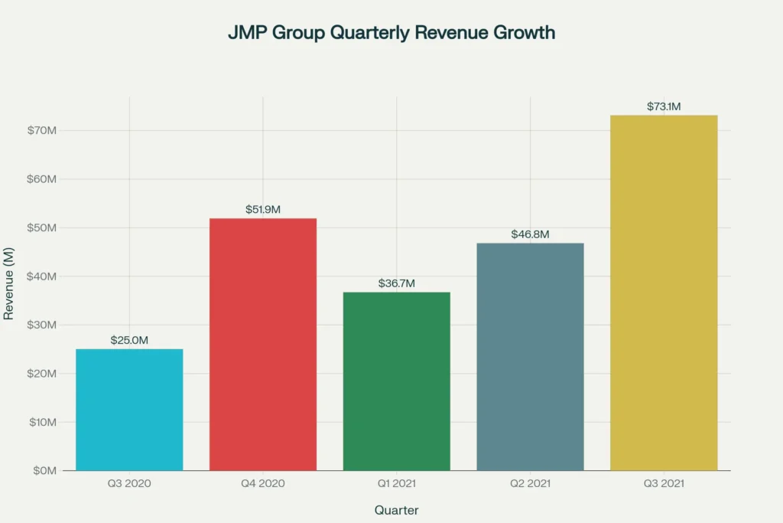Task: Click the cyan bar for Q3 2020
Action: (x=129, y=410)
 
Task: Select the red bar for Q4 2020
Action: (x=263, y=345)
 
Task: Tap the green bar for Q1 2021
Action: (x=396, y=381)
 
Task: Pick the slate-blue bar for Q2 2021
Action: (x=530, y=357)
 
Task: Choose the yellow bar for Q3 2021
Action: (x=664, y=293)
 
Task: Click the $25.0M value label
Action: (x=129, y=340)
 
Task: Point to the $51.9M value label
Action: (x=263, y=209)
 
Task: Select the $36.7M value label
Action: (x=396, y=283)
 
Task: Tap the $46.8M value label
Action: (x=530, y=234)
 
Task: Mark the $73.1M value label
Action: (x=664, y=106)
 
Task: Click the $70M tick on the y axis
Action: (x=42, y=130)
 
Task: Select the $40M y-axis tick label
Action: (x=42, y=276)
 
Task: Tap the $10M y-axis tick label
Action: (x=42, y=422)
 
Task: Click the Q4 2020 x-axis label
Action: (x=263, y=484)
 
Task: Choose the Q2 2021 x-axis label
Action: (x=530, y=484)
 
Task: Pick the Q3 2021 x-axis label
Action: (x=664, y=484)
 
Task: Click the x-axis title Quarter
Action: (x=396, y=510)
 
